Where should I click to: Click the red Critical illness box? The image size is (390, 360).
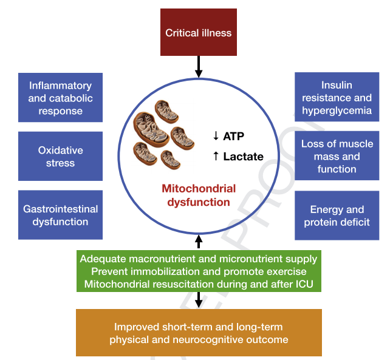click(x=199, y=32)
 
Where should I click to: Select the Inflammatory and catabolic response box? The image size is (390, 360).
click(x=60, y=98)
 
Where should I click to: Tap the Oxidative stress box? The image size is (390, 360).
click(x=60, y=156)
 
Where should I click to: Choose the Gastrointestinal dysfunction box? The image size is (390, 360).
click(x=60, y=216)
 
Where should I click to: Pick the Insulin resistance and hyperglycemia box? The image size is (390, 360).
click(x=337, y=98)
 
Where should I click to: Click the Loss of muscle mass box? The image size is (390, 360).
click(x=337, y=157)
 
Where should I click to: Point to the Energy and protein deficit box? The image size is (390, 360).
click(x=337, y=216)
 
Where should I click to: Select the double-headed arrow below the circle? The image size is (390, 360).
click(x=199, y=241)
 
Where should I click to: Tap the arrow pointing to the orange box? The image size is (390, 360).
click(x=199, y=299)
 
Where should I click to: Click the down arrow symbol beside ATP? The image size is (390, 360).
click(x=216, y=136)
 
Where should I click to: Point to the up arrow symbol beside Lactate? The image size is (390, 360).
click(x=216, y=157)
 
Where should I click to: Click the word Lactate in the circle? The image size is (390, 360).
click(x=243, y=157)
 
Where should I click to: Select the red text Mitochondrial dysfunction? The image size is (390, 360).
click(x=199, y=195)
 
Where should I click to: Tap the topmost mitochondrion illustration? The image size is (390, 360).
click(x=166, y=109)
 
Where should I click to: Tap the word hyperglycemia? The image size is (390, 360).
click(x=337, y=110)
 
